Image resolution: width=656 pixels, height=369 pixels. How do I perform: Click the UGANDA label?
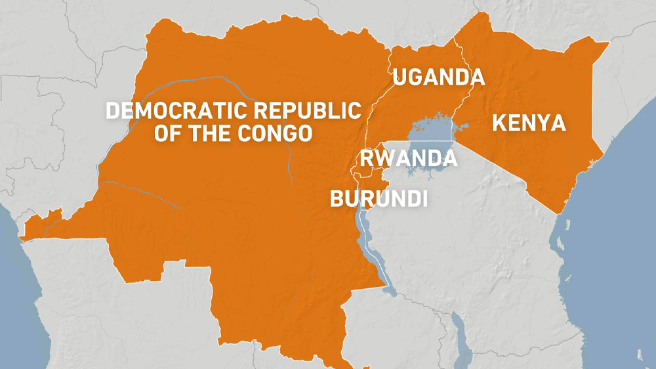tap(438, 77)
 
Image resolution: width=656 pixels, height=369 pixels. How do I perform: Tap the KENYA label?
tap(529, 123)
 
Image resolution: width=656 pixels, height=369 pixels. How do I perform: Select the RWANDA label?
tap(407, 158)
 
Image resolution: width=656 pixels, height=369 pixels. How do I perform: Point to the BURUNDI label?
tap(379, 198)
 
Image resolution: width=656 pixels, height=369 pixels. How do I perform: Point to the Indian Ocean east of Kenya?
tap(623, 197)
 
